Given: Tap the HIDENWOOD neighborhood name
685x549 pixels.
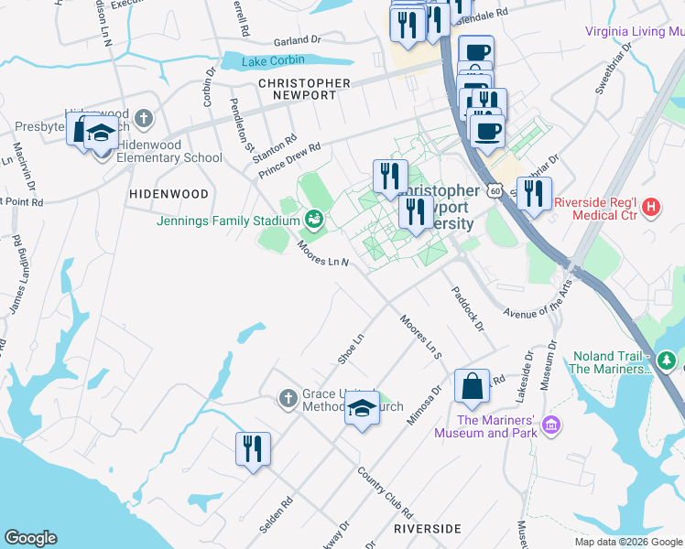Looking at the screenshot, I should pos(169,194).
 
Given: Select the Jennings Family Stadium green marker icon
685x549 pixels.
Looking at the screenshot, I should pos(314,220).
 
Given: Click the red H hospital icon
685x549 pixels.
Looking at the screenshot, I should pos(651,208).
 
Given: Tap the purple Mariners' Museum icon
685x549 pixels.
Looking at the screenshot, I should pos(550,425).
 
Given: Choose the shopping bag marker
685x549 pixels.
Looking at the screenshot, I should pos(473,388).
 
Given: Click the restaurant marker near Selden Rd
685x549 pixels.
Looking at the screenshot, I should pos(253,449).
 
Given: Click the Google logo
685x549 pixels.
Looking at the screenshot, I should pos(30,538).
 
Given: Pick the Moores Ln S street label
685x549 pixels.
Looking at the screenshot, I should pos(421,336).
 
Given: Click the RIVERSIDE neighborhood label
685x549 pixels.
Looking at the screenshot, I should pos(427,529).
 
